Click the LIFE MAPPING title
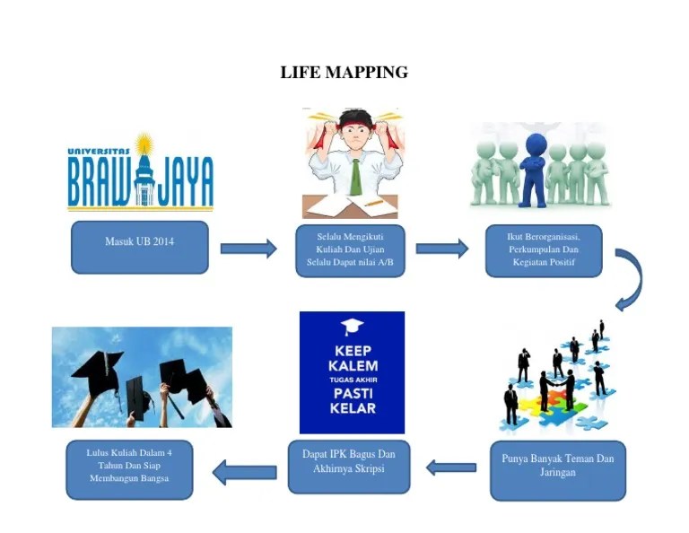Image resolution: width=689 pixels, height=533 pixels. point(344,72)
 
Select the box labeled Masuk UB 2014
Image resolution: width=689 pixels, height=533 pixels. point(140,247)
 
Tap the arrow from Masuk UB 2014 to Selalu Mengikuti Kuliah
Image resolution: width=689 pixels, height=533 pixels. point(248,249)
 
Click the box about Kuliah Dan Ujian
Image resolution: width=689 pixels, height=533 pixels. point(350,249)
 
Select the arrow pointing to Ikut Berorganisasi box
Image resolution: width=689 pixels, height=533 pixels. point(441,249)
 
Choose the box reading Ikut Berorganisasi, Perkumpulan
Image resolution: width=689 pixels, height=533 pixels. point(544,250)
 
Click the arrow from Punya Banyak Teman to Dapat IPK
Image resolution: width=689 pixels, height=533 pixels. point(450,467)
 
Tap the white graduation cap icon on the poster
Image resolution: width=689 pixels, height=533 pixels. point(353,327)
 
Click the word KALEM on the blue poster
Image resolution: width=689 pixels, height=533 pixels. point(353,366)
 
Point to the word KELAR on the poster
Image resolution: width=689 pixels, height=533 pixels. point(353,409)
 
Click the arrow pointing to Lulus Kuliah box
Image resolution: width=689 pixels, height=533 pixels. point(243,469)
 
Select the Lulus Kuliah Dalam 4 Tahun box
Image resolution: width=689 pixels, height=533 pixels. point(129,469)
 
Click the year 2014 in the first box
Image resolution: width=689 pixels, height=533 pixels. point(162,241)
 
